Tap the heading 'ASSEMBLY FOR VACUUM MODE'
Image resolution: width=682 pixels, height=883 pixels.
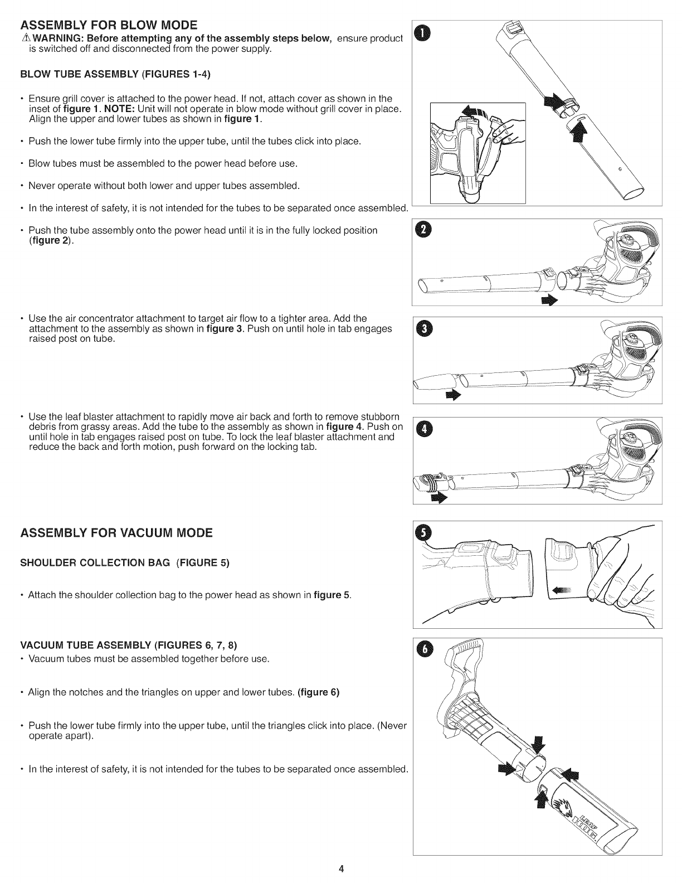116,532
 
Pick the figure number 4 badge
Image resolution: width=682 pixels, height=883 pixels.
425,429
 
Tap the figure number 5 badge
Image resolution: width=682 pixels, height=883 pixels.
425,534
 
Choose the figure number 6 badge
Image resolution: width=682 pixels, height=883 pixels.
425,649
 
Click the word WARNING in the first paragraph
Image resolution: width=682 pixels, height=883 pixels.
49,38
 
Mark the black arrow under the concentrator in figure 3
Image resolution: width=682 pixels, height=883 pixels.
454,395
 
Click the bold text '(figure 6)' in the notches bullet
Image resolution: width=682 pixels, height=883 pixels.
319,693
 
